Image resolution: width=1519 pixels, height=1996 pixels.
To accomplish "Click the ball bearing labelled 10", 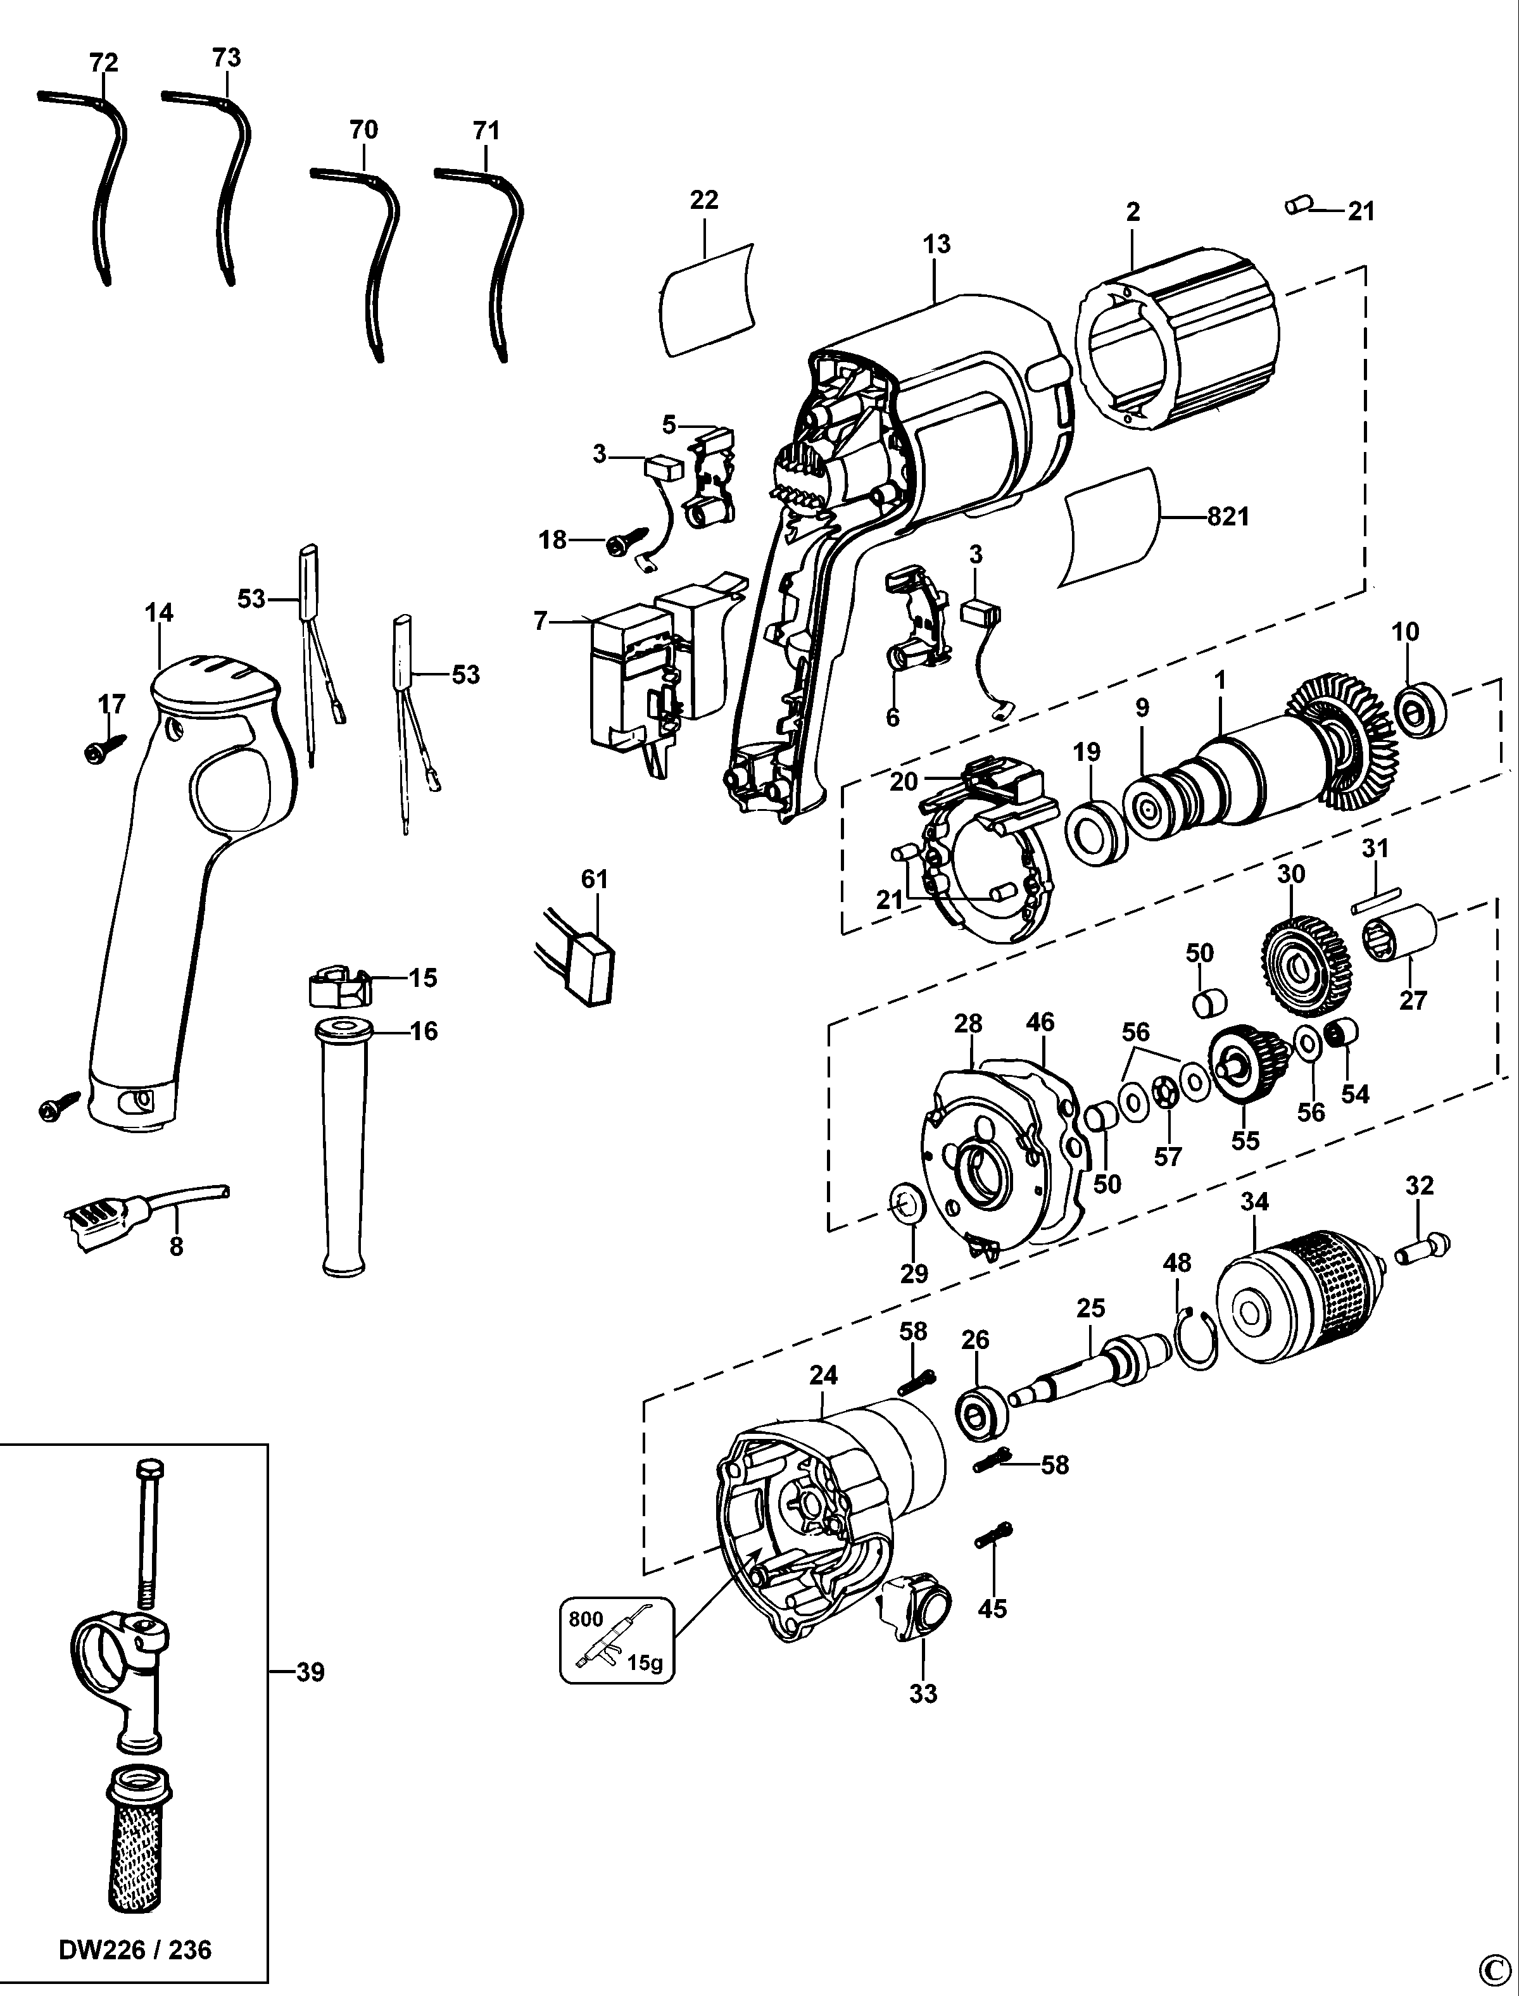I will point(1420,712).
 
